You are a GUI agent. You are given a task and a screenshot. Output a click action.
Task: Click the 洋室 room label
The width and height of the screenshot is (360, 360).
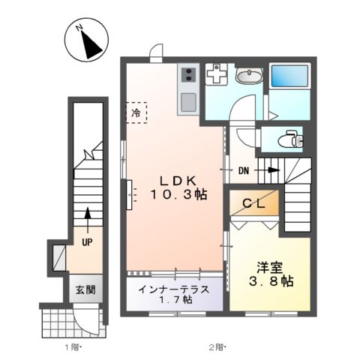click(x=268, y=266)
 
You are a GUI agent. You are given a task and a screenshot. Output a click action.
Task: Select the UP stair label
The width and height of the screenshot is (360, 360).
click(x=87, y=241)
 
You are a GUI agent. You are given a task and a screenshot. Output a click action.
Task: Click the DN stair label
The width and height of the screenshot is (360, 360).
click(x=244, y=170)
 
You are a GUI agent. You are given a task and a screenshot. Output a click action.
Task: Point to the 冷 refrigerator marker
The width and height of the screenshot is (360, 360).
click(x=136, y=112)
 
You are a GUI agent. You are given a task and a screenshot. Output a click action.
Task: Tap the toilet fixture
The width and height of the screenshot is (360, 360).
click(x=289, y=139)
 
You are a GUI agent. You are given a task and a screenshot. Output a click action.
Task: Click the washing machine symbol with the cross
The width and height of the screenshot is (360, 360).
click(x=216, y=74)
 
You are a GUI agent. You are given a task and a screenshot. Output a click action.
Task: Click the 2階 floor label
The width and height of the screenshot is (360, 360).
click(x=216, y=347)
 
